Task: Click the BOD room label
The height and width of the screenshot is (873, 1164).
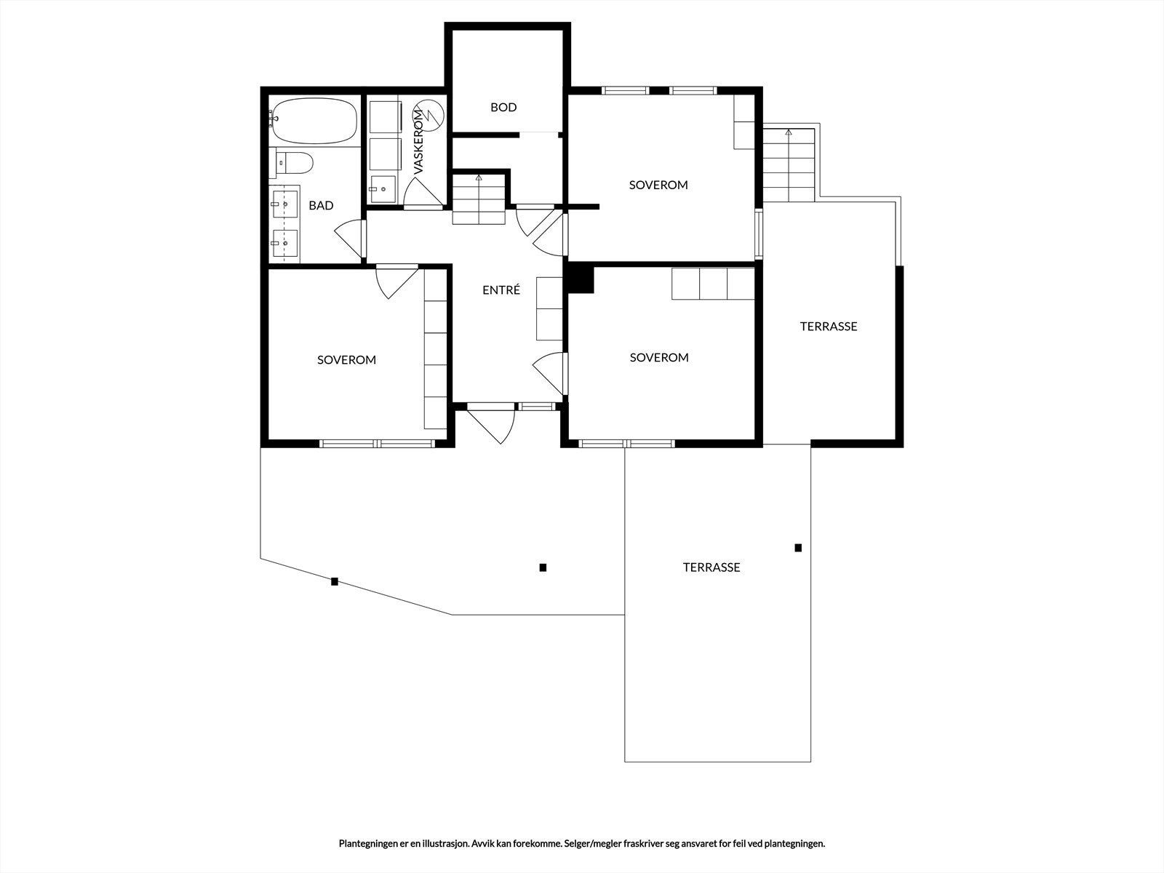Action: pos(503,107)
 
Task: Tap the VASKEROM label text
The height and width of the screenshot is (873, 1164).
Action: pos(419,142)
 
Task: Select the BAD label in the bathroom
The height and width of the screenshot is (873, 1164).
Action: pos(321,205)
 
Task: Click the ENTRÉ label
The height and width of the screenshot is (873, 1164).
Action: pos(501,290)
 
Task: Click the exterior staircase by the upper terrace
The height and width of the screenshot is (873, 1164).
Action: pos(789,165)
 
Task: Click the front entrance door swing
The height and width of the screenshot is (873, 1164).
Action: pos(491,423)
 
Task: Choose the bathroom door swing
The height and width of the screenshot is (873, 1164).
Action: pos(350,239)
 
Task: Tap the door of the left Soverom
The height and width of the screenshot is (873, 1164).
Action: pos(396,282)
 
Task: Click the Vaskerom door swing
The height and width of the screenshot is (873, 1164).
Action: pos(423,193)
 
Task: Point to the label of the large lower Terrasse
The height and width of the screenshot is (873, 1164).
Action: pos(711,567)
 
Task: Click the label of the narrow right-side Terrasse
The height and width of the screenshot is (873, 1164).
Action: pos(829,326)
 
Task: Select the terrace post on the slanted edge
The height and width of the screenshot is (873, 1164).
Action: pos(335,581)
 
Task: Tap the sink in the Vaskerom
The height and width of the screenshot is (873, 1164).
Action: pos(383,188)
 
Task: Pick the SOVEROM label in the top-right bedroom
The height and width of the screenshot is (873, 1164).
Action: pos(658,185)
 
